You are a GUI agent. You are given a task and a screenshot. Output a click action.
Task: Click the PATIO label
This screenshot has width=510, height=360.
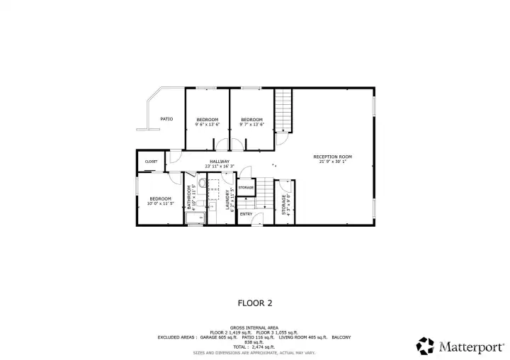click(x=166, y=119)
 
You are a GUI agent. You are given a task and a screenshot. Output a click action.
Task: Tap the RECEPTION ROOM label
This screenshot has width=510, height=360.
click(x=332, y=157)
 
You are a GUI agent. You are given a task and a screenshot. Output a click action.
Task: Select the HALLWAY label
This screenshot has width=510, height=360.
click(x=219, y=161)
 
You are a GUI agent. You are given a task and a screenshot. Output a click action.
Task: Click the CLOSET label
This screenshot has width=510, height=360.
click(x=151, y=162)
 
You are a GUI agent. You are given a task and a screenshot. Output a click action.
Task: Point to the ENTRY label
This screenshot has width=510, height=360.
click(x=246, y=214)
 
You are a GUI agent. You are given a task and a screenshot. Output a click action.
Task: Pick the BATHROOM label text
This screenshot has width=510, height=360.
click(x=189, y=198)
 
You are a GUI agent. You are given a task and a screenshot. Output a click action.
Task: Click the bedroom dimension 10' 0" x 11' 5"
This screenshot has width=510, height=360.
click(x=160, y=204)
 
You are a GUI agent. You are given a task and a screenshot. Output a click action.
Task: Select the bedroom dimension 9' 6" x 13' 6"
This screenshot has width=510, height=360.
click(x=208, y=125)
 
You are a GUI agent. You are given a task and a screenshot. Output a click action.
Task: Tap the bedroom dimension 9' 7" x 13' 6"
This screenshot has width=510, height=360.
click(x=251, y=125)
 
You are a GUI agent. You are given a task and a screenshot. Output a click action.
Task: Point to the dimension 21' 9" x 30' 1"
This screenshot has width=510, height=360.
click(x=332, y=162)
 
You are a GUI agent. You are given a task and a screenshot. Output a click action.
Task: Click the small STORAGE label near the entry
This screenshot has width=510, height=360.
click(x=246, y=187)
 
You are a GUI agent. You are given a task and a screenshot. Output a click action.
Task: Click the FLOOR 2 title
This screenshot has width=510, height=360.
click(x=254, y=303)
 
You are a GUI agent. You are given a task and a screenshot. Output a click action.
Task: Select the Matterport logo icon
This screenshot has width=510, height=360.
click(x=425, y=345)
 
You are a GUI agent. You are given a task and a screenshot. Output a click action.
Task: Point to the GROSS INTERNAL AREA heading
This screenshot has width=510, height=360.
click(x=254, y=327)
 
